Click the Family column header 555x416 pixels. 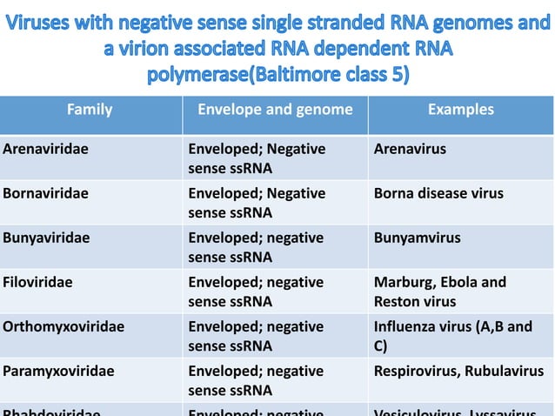[90, 110]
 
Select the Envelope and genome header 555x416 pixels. [275, 110]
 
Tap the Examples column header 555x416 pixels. [460, 110]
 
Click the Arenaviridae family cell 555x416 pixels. [45, 149]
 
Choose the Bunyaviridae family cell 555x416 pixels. [46, 238]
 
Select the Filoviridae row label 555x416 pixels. [39, 282]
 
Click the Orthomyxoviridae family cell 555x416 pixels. [64, 326]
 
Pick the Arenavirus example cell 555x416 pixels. [410, 149]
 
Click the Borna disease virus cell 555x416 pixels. [438, 193]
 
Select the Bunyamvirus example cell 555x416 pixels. [418, 238]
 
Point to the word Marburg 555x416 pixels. [403, 282]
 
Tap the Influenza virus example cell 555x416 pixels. [452, 335]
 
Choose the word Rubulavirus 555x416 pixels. [504, 371]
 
